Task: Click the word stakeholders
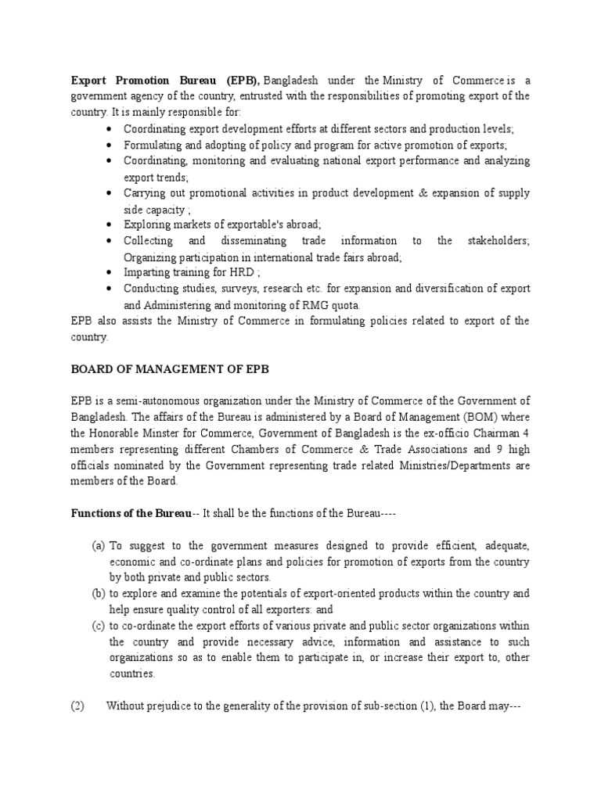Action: click(x=496, y=240)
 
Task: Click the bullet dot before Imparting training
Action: click(x=106, y=273)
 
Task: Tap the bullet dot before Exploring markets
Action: click(x=106, y=224)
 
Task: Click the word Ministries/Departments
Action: click(x=462, y=465)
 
